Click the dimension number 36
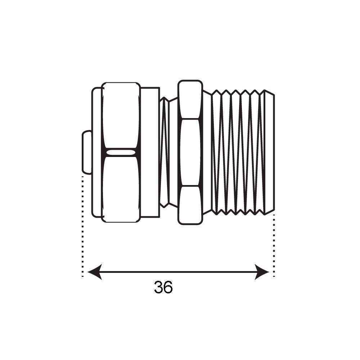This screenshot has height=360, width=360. [163, 287]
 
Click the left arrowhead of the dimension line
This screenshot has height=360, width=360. [95, 272]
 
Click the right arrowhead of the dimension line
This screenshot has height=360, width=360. [262, 272]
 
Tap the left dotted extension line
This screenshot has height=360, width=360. [82, 226]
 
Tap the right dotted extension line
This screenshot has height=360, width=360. [274, 246]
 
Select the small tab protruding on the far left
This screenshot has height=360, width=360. [87, 152]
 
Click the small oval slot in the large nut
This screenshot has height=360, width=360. [121, 152]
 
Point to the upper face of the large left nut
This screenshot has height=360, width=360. [121, 116]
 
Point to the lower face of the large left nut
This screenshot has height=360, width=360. [121, 189]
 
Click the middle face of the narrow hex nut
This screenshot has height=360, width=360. [190, 152]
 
